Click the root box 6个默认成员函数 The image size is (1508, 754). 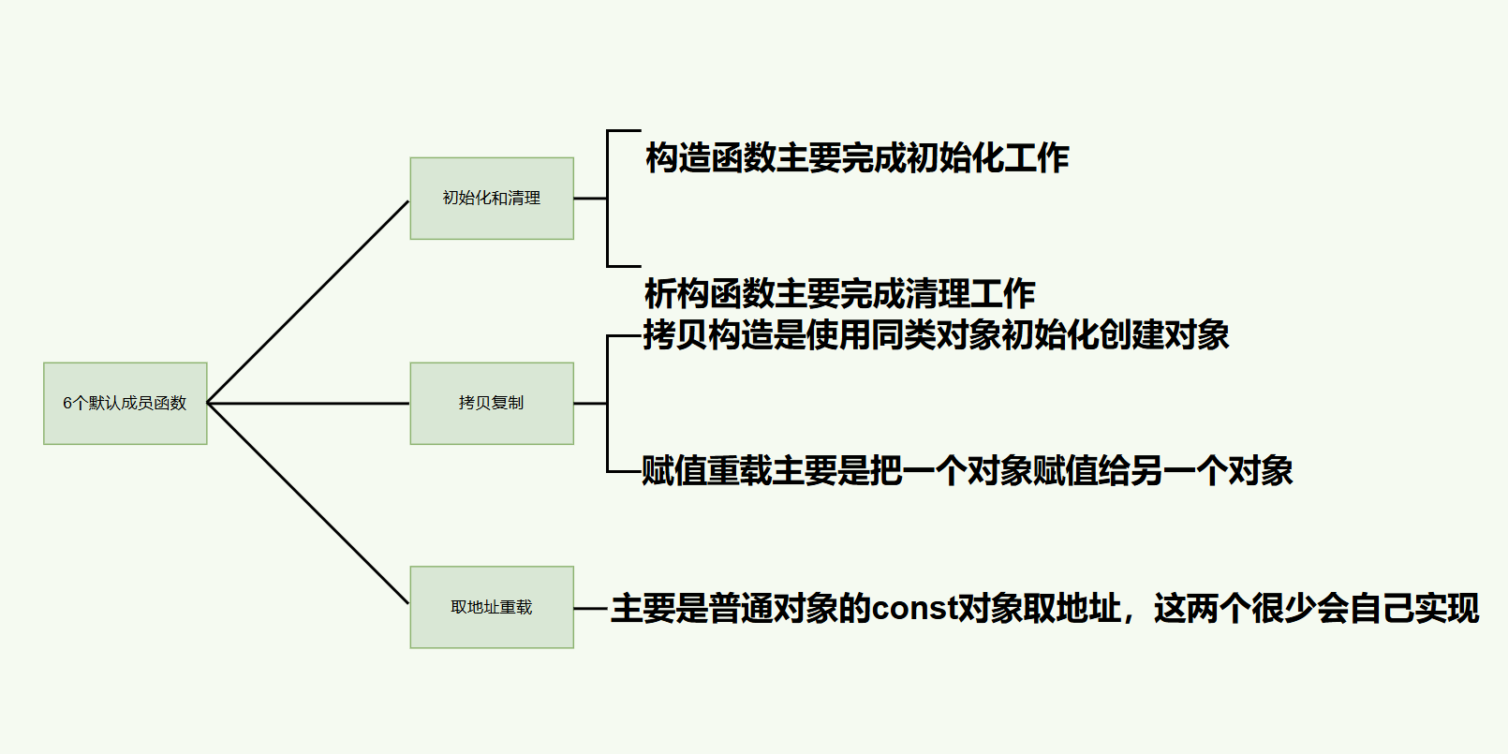[x=125, y=403]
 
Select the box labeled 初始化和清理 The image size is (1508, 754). [x=491, y=199]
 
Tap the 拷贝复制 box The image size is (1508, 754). [x=491, y=403]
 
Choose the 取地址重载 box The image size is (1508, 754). [x=491, y=607]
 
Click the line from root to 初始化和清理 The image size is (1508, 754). [x=308, y=302]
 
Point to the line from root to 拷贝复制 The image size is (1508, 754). [x=308, y=403]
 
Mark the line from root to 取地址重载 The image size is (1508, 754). [x=308, y=504]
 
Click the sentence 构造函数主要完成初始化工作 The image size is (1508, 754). [x=856, y=158]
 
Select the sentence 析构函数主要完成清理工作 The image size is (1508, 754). [x=839, y=294]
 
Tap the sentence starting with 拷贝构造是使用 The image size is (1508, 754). [x=936, y=335]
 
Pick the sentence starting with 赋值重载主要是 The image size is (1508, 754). [x=967, y=470]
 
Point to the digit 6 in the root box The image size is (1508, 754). [x=67, y=403]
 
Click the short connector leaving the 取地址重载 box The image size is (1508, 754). [x=590, y=608]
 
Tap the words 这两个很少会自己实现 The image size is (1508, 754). [x=1316, y=609]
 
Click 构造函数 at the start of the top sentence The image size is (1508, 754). [x=710, y=158]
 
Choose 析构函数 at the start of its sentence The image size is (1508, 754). [x=709, y=294]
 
